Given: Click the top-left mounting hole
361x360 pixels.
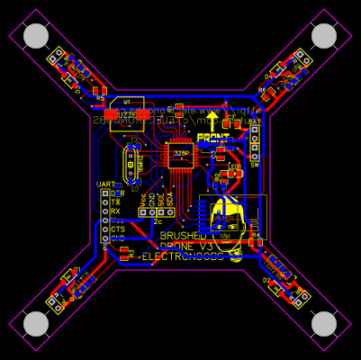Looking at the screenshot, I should click(x=36, y=36).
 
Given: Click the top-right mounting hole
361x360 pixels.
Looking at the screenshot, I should click(x=324, y=36).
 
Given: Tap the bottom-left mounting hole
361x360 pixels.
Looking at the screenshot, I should click(x=36, y=323).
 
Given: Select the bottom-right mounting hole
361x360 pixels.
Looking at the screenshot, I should click(x=324, y=323).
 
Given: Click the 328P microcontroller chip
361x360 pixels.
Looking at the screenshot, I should click(x=181, y=154).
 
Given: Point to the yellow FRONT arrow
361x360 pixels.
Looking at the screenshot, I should click(x=212, y=121).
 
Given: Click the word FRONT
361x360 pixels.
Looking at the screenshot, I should click(x=212, y=138).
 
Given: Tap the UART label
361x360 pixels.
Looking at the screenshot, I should click(x=105, y=184).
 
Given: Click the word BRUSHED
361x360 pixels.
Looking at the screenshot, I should click(x=183, y=236).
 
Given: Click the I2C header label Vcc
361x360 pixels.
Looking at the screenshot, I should click(x=143, y=199).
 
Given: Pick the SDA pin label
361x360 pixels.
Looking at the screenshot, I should click(x=169, y=199).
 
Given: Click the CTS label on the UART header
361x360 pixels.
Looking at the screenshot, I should click(x=118, y=229).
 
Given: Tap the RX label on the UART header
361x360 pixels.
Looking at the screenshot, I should click(x=115, y=211).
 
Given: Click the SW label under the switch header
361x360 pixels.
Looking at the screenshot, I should click(x=255, y=165).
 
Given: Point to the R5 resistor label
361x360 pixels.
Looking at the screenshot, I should click(x=99, y=98).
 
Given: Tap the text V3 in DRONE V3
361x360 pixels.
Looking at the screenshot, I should click(x=206, y=247).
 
